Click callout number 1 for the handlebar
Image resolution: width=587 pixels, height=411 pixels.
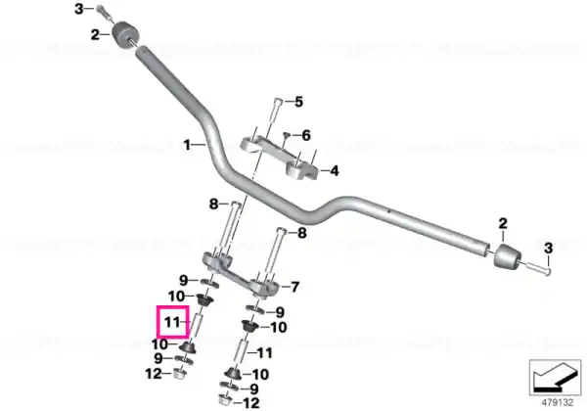187,145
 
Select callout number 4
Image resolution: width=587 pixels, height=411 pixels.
334,171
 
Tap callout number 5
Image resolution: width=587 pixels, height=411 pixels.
298,102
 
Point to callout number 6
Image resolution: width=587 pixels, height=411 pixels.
306,135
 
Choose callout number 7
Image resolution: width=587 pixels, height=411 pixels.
295,287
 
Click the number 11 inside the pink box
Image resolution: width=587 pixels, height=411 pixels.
172,322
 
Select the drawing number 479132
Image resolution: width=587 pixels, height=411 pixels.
558,403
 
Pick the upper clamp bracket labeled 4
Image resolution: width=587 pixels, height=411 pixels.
279,158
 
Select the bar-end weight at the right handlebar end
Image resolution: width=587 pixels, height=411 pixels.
507,255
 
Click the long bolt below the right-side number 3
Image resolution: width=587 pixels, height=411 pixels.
537,267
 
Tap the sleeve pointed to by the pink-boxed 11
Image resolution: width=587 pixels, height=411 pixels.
198,327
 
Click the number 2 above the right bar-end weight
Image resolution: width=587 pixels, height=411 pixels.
503,224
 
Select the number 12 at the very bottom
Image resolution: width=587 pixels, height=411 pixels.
251,403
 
